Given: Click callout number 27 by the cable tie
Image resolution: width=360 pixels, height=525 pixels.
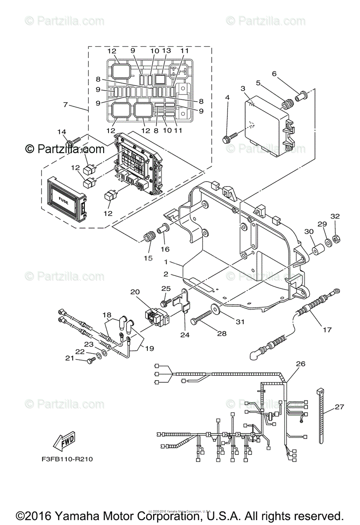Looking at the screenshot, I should (x=339, y=406).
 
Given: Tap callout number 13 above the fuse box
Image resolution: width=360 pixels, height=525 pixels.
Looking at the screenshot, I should (x=166, y=51).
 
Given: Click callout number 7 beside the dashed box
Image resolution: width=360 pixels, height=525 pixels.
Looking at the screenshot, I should (x=66, y=105).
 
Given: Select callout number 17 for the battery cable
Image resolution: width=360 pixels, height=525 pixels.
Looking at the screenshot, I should (x=327, y=330).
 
